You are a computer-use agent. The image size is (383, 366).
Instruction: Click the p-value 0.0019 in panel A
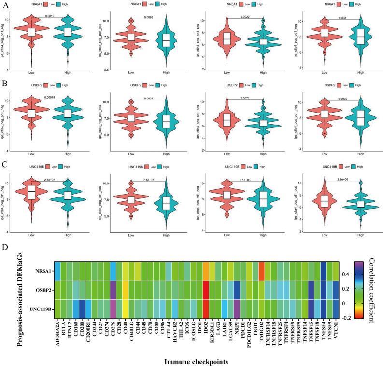coord(50,16)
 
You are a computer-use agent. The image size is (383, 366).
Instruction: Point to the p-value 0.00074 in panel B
coord(50,96)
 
